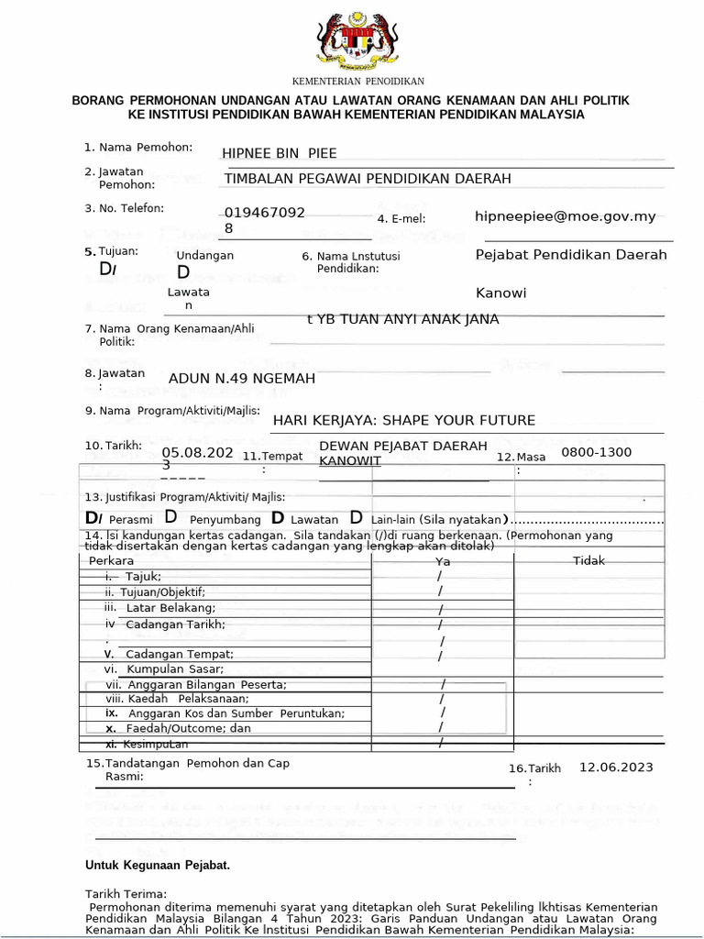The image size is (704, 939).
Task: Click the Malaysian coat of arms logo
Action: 352,40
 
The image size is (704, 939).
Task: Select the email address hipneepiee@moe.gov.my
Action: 566,216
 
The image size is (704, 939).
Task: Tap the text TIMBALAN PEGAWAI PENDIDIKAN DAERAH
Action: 368,179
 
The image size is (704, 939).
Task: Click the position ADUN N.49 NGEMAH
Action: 242,379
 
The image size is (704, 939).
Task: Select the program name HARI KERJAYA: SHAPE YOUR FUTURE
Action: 404,420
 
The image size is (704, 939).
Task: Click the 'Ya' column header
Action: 443,561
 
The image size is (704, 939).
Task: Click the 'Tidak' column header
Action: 588,561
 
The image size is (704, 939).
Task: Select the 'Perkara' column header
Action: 111,560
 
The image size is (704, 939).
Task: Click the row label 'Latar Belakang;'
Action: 170,608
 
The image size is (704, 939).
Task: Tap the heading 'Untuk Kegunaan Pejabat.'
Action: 158,865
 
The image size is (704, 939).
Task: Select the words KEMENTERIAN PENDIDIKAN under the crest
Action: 352,82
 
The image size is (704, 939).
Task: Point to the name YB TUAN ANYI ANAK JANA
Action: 403,319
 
